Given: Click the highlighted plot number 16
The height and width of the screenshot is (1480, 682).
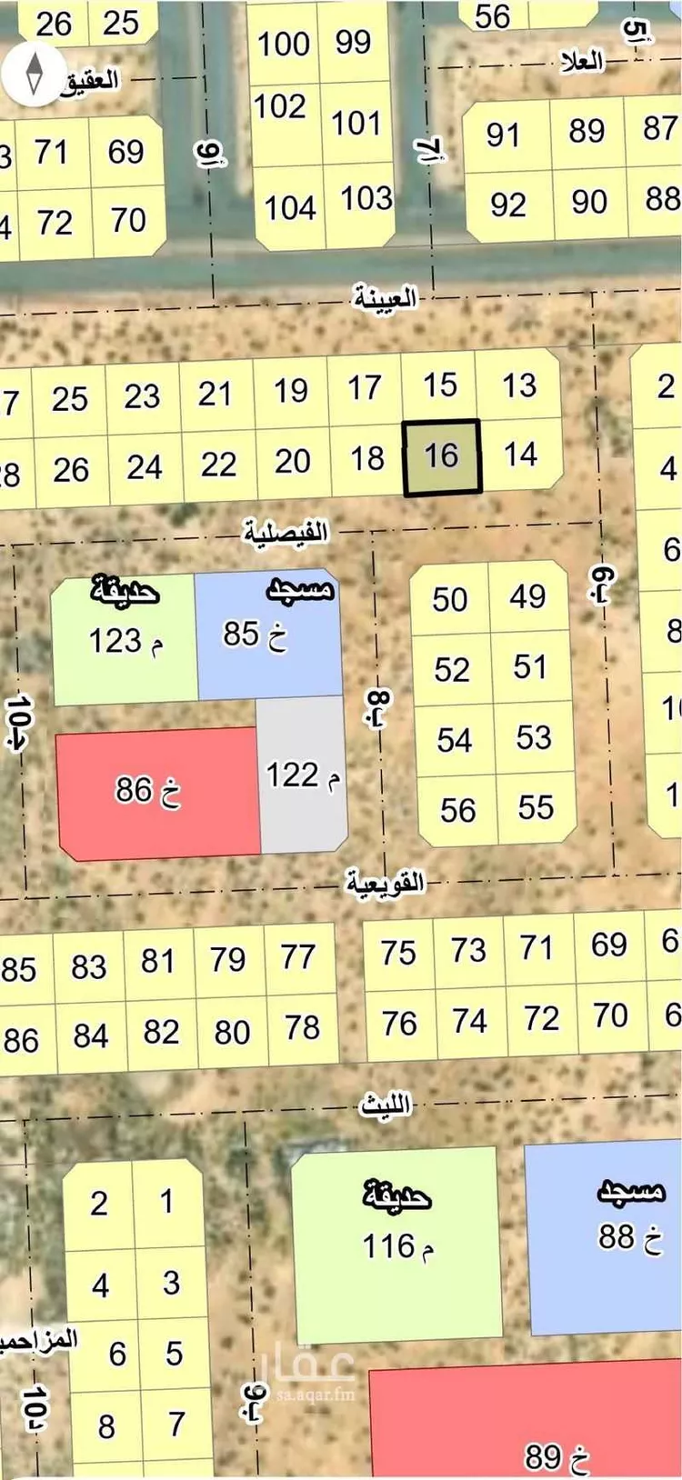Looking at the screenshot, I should pos(442,456).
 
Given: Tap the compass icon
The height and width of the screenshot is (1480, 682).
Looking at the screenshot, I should pos(35,72).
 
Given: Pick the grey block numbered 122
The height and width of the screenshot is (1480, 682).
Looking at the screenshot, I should pos(303,775).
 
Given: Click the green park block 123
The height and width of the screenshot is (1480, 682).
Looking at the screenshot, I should pos(125,639).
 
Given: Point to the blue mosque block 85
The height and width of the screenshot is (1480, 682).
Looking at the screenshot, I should pos(268,632).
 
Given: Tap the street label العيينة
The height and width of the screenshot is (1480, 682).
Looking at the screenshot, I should pos(384,297).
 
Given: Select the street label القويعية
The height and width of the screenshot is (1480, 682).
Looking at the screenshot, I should pos(385,882).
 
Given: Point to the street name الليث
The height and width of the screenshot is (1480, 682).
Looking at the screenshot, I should pos(386,1105).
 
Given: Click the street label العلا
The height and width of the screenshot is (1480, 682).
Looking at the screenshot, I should pos(582,61).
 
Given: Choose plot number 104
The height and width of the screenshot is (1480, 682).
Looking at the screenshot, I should pos(289,207).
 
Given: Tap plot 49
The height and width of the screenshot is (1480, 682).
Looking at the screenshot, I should pos(527,596).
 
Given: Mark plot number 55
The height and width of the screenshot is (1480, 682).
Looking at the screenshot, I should pos(536,807).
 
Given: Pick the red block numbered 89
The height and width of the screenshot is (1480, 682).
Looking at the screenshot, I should pos(546,1436).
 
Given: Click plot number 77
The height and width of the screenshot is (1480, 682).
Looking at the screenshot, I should pos(297,957).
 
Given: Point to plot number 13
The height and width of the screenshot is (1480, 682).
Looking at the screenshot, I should pos(519,385).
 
